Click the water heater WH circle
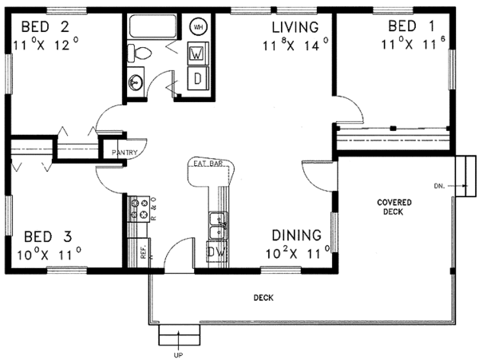coord(198,27)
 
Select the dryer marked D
coord(198,78)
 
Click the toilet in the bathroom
coord(139,53)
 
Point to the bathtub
coord(153,26)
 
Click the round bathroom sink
coord(136,82)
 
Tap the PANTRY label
coord(125,152)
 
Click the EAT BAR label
coord(208,164)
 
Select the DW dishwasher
coord(217,252)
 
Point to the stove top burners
coord(138,209)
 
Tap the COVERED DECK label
coord(394,207)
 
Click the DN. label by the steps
coord(439,186)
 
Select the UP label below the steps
coord(178,355)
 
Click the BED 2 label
coord(46,27)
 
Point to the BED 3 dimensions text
coord(49,254)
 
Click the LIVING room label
coord(295,27)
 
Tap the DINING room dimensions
coord(298,252)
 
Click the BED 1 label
coord(411,26)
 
